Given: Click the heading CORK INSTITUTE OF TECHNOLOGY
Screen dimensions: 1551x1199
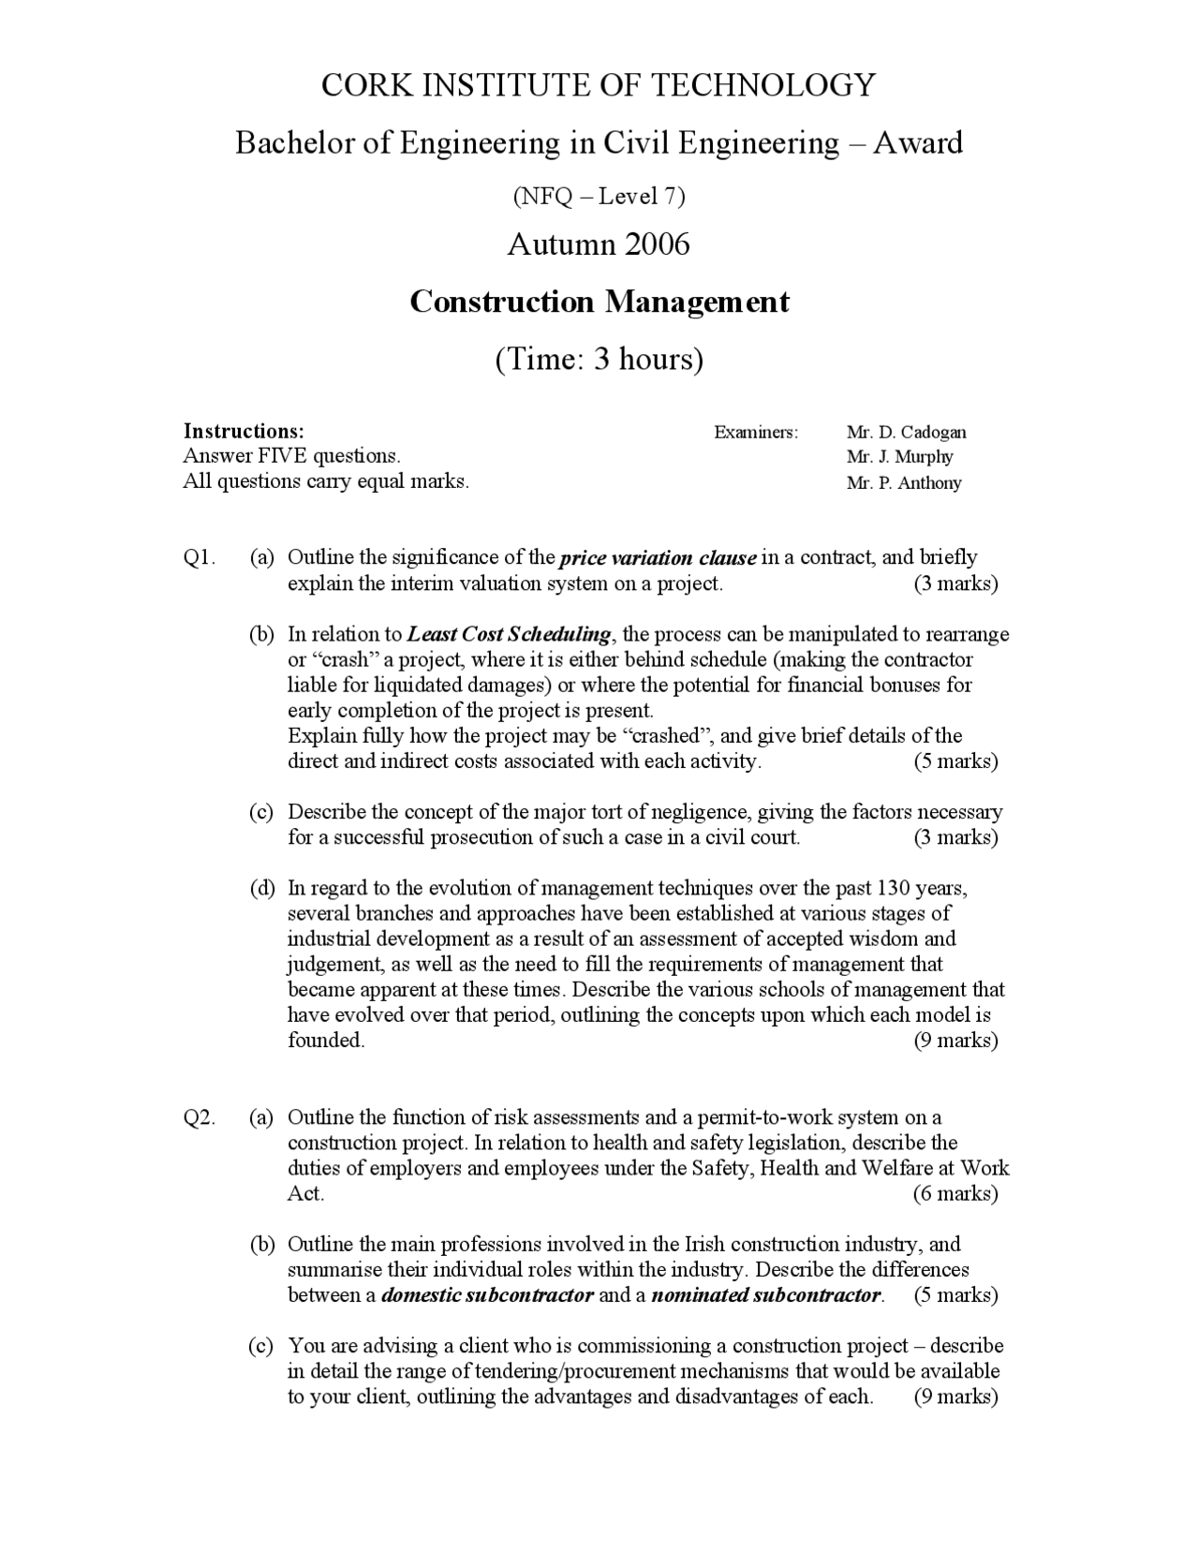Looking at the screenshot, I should (599, 85).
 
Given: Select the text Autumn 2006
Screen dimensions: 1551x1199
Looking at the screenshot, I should (599, 244).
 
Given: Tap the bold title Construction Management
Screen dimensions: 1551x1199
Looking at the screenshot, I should (599, 302).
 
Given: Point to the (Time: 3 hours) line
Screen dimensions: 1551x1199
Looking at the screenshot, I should (599, 359).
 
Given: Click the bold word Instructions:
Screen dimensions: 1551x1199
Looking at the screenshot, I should (244, 431).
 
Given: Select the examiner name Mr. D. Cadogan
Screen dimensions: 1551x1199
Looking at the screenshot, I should (906, 432).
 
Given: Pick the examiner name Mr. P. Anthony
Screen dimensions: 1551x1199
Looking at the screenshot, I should (903, 483).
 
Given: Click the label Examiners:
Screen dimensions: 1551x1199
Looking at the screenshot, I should (756, 432).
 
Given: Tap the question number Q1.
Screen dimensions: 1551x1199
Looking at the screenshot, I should (200, 558).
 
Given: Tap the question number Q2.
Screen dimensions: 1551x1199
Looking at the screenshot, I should (200, 1117).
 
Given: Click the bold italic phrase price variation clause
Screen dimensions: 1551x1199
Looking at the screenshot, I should (658, 558).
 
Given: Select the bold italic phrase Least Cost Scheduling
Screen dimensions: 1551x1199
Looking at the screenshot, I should (510, 634).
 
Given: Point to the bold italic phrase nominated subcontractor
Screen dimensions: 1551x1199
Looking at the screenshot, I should (766, 1295).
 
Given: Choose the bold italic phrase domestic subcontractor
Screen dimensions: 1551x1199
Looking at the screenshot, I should (487, 1295).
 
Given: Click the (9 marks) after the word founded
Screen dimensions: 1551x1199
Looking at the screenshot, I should (955, 1041).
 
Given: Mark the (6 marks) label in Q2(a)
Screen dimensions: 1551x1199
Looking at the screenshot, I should (955, 1193).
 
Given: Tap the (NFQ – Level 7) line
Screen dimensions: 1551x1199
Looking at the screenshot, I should (599, 196).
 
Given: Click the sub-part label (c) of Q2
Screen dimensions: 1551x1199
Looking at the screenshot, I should (261, 1346).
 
